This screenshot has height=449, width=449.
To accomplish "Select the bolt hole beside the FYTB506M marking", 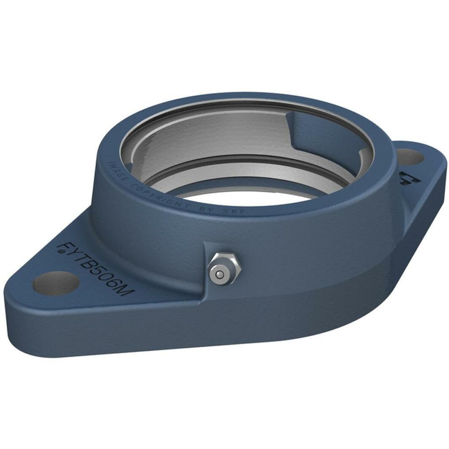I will [x=56, y=284].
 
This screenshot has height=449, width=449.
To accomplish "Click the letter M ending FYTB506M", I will [x=125, y=290].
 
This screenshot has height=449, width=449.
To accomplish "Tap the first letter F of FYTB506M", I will [x=65, y=246].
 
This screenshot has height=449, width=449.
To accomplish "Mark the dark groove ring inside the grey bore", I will [x=236, y=161].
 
